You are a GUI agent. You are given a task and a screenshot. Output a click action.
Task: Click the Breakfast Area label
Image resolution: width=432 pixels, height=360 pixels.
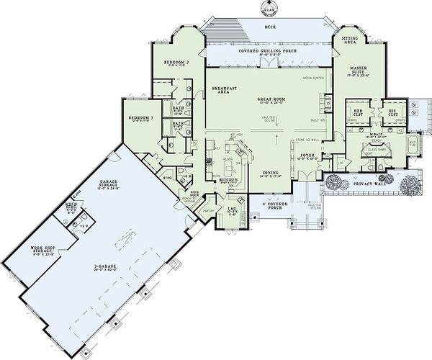(x=220, y=90)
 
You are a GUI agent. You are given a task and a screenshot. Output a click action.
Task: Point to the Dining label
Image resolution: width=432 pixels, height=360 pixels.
(x=271, y=173)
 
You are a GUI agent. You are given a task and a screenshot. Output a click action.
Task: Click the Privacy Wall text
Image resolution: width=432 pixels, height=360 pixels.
(x=368, y=184)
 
